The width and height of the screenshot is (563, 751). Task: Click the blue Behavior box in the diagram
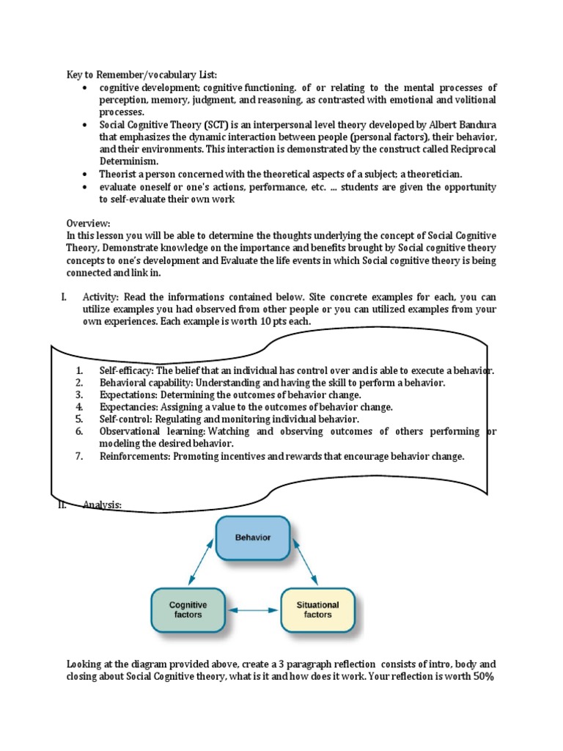[x=253, y=538]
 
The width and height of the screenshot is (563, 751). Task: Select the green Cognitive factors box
[x=188, y=609]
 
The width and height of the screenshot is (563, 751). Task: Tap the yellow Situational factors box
[x=317, y=609]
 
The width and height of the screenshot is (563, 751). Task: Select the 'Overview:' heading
[x=89, y=223]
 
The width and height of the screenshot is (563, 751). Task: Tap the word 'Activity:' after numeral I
[x=102, y=297]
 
